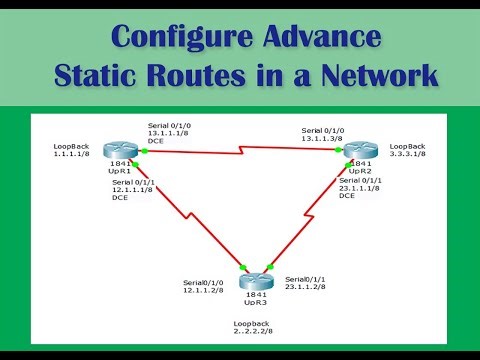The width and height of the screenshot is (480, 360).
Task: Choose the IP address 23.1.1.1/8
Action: (360, 188)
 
